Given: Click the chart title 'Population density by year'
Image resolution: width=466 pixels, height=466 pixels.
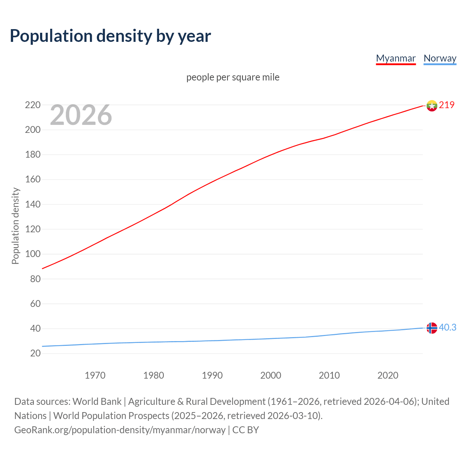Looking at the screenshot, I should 110,36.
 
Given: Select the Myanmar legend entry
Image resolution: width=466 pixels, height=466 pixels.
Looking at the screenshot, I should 396,58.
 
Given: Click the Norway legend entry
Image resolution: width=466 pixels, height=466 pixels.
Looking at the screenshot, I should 440,58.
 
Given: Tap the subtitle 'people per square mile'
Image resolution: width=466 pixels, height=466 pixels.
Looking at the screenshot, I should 233,77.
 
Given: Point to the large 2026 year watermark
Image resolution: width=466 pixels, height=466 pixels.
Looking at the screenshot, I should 81,115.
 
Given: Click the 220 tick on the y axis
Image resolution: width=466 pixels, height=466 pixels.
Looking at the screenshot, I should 33,105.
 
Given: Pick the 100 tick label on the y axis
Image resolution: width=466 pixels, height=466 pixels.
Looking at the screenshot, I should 33,254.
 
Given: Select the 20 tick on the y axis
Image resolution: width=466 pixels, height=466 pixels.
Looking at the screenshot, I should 35,353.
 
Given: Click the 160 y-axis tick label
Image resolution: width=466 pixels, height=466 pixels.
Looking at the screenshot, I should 33,179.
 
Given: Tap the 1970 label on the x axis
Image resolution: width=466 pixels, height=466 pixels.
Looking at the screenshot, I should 95,375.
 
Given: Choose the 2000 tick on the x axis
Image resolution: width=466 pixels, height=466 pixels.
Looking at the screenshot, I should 270,375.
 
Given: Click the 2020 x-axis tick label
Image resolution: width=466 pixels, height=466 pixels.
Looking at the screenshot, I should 388,375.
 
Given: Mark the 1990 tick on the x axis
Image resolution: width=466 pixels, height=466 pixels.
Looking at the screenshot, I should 212,375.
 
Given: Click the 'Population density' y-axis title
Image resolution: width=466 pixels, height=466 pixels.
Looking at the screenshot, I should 15,226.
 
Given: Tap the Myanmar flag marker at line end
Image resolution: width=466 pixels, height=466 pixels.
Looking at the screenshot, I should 432,106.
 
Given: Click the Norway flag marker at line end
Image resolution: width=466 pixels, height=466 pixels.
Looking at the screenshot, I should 432,328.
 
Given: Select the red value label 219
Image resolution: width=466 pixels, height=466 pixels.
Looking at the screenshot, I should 447,105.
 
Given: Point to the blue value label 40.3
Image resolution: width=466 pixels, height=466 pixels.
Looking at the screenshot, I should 447,328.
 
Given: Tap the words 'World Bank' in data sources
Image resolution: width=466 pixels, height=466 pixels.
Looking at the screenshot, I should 97,402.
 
